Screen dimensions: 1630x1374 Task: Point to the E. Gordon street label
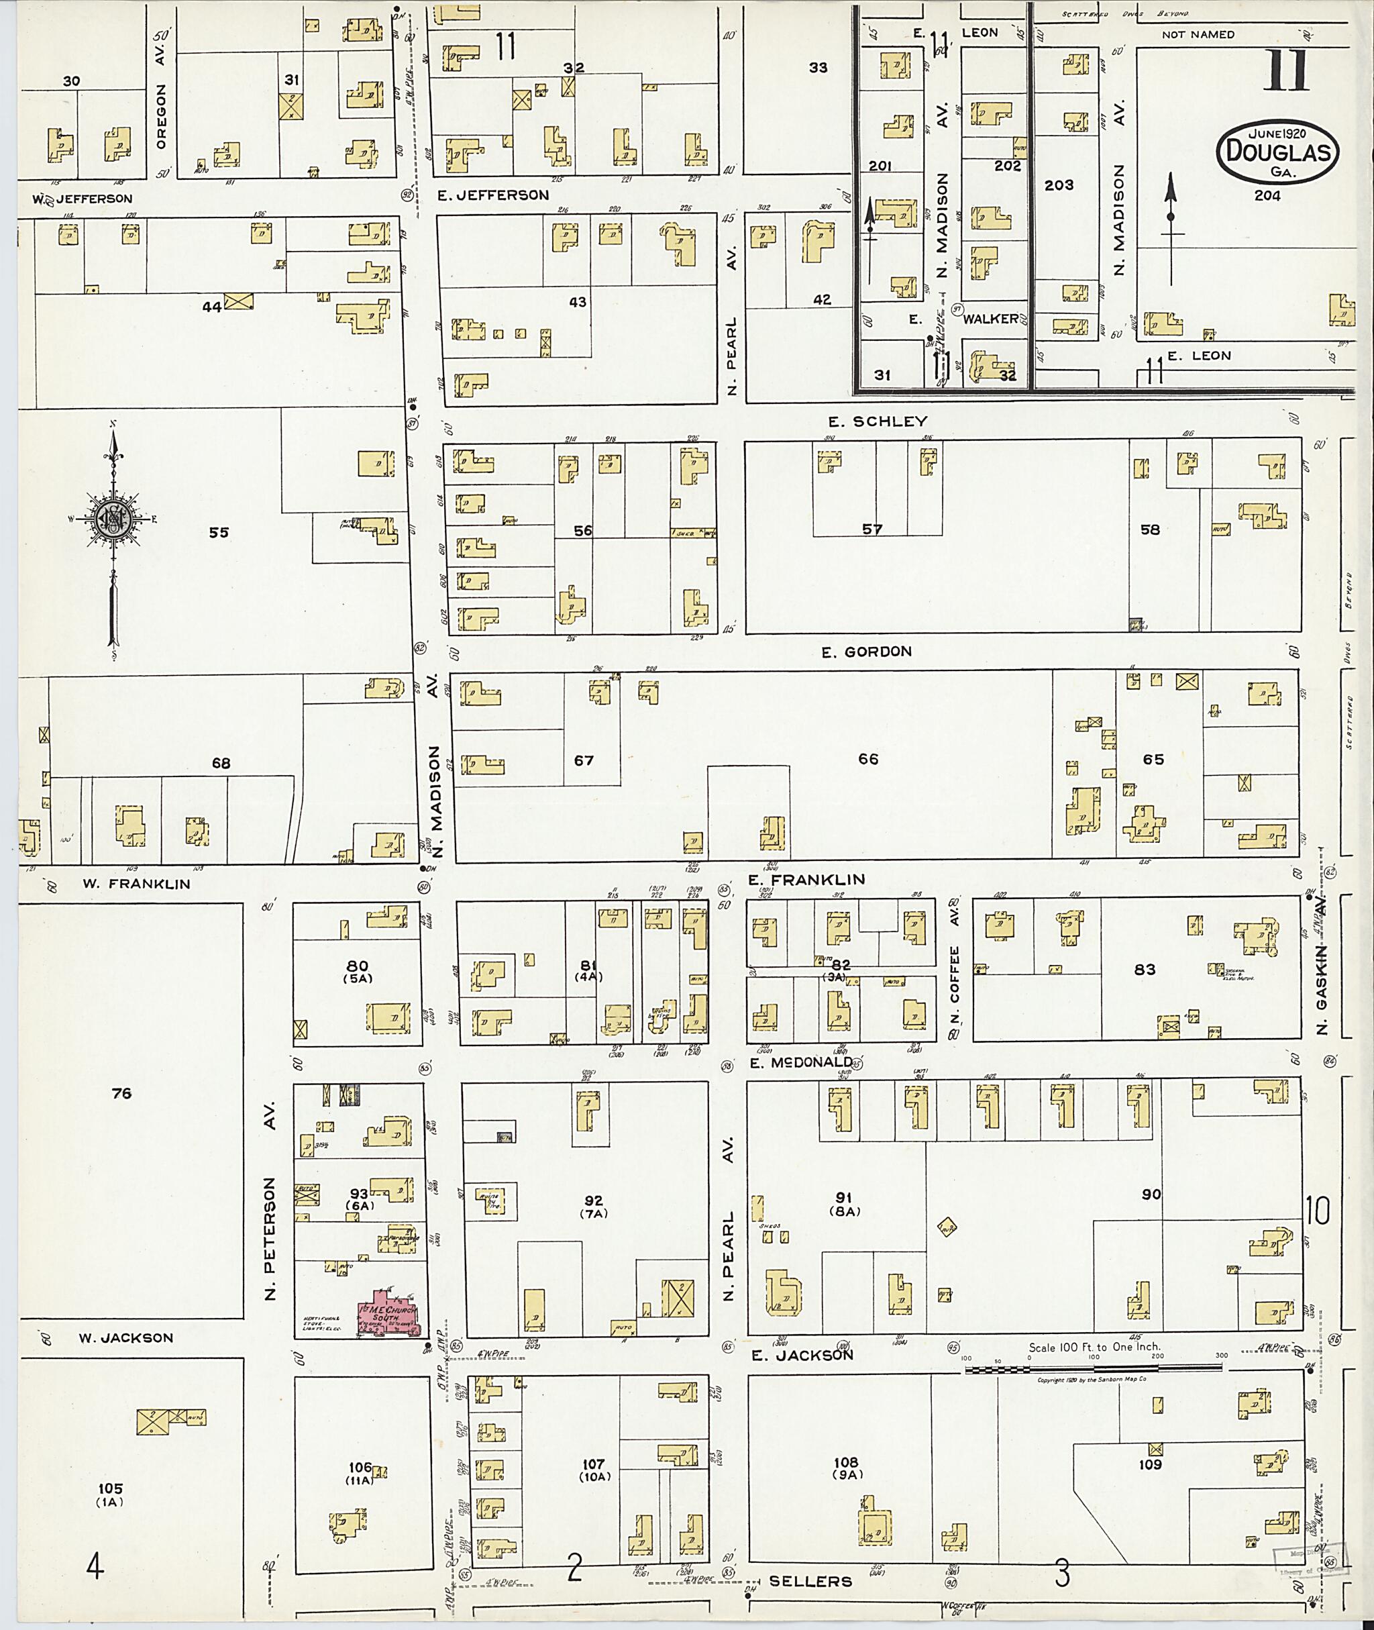[866, 652]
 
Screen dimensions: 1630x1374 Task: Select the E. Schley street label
[877, 421]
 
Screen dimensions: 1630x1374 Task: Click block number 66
[867, 759]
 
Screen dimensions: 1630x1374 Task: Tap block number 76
[121, 1094]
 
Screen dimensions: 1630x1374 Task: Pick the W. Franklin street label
[137, 884]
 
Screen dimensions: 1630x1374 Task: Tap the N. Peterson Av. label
[270, 1205]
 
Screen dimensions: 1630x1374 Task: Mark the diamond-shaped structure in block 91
[947, 1229]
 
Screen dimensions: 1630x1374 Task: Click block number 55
[219, 533]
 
